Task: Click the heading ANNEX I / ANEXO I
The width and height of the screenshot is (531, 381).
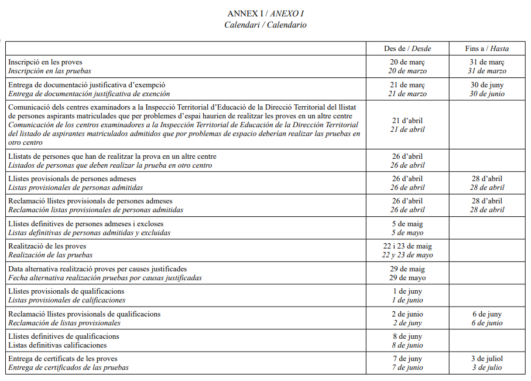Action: pos(265,13)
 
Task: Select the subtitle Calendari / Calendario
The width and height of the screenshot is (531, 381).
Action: pos(265,25)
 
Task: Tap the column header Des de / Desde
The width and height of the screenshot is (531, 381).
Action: pos(407,49)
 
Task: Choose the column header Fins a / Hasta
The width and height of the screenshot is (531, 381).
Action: pos(487,49)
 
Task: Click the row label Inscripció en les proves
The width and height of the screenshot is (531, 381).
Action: pos(45,62)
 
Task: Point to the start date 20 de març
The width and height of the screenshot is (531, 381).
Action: pos(407,62)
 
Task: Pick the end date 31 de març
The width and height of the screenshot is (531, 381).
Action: pos(487,62)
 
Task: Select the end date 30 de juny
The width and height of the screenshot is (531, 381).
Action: pos(487,85)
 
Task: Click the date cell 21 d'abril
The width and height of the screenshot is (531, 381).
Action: pos(407,121)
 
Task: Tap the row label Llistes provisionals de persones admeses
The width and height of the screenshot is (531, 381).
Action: pos(72,179)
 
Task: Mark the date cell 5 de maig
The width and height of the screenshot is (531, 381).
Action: pos(407,224)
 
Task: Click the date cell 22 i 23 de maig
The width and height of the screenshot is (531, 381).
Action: pos(407,246)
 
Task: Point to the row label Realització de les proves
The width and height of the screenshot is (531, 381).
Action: pos(47,246)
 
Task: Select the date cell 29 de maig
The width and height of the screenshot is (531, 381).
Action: pos(407,269)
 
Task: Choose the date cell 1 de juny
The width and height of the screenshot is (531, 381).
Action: pos(407,291)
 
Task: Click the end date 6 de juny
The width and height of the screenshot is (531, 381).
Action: pos(487,314)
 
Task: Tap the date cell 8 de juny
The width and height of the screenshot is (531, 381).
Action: pos(407,336)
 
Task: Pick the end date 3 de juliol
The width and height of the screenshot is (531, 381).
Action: pos(487,359)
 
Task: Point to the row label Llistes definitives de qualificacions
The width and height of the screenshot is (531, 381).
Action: pos(64,336)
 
